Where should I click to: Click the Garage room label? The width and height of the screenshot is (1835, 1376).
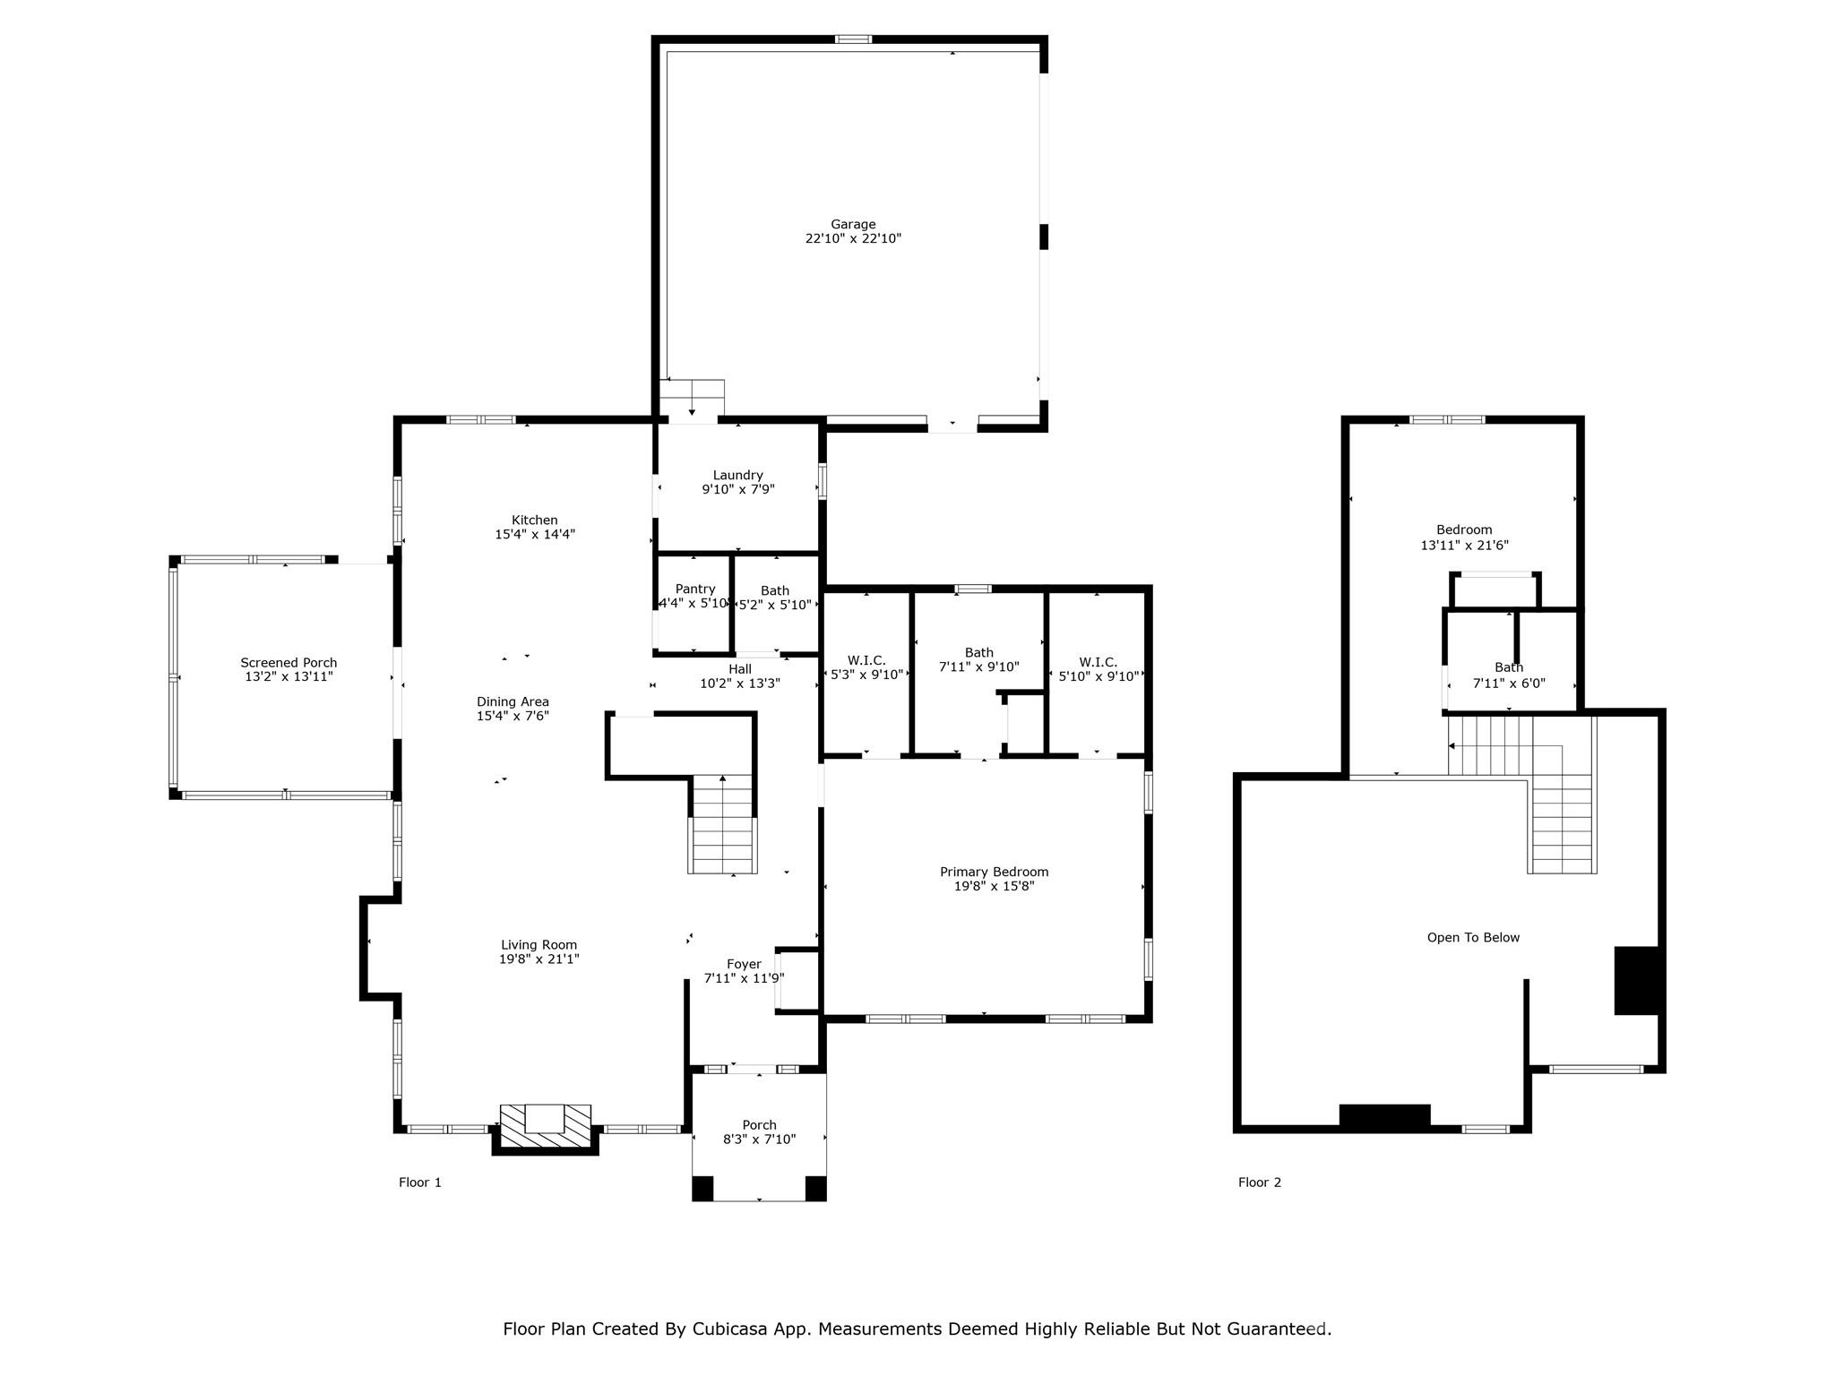[x=852, y=224]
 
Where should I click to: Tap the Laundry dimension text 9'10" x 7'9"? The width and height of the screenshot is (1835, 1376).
[x=737, y=490]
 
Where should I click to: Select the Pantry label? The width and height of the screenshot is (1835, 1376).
[x=695, y=589]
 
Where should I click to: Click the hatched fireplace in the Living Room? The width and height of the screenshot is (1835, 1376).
[x=545, y=1128]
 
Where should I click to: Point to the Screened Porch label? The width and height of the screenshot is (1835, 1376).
[x=289, y=663]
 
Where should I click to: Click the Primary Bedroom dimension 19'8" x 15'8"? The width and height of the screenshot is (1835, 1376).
[x=994, y=886]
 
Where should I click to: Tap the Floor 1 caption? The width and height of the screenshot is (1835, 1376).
[x=419, y=1182]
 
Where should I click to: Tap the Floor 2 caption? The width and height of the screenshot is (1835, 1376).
[x=1259, y=1182]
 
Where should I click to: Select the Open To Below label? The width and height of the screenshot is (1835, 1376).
[x=1473, y=938]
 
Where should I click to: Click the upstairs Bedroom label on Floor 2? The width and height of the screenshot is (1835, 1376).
[x=1464, y=529]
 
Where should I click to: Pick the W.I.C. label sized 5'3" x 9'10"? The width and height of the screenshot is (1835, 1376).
[x=866, y=661]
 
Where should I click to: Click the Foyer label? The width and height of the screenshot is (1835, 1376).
[x=744, y=964]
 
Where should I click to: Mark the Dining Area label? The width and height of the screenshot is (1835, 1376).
[x=512, y=702]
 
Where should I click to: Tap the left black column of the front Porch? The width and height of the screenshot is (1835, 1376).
[x=702, y=1189]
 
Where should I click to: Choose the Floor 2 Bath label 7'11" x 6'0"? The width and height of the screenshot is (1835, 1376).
[x=1509, y=667]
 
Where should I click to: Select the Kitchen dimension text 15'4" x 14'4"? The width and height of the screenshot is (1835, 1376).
[x=534, y=535]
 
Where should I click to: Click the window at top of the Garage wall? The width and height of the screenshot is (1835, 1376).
[x=853, y=39]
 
